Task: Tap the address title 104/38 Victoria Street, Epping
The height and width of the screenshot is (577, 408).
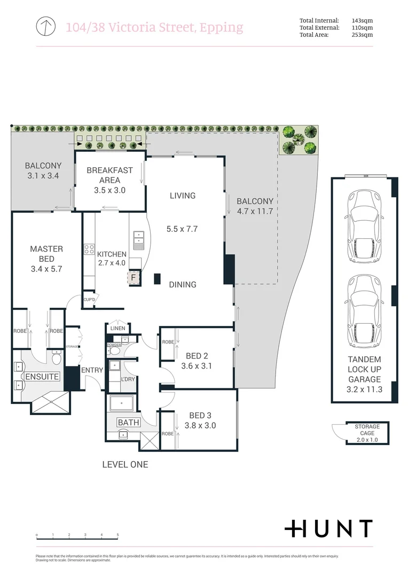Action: pyautogui.click(x=154, y=27)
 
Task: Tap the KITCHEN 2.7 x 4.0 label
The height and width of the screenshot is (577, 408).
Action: pyautogui.click(x=112, y=259)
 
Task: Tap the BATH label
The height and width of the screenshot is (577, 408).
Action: pyautogui.click(x=128, y=423)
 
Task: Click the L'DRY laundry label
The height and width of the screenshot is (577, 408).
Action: pyautogui.click(x=128, y=379)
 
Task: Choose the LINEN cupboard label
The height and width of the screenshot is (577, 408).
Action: pyautogui.click(x=117, y=328)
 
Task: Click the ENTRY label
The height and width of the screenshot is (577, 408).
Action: pyautogui.click(x=92, y=370)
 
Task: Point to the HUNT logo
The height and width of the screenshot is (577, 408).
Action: pyautogui.click(x=328, y=528)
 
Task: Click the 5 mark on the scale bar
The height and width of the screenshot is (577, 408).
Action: pyautogui.click(x=117, y=535)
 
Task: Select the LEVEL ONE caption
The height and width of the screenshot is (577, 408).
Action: pyautogui.click(x=125, y=465)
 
